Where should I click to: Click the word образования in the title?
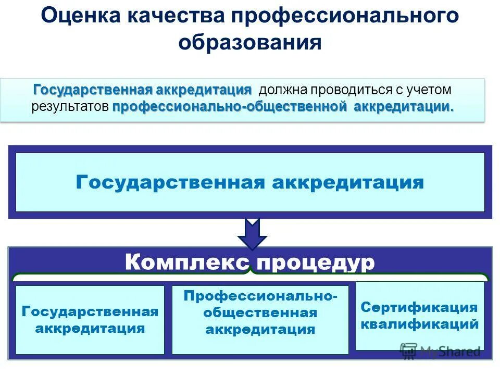point(250,42)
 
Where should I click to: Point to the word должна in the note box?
point(282,90)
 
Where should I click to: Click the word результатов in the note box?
point(70,107)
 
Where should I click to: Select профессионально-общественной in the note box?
point(230,107)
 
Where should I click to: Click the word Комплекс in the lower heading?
point(187,262)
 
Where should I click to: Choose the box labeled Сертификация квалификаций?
point(419,316)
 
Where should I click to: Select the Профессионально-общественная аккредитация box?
point(260,320)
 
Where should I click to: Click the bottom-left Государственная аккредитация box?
point(90,320)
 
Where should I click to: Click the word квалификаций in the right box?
point(419,324)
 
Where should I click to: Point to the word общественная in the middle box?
point(260,312)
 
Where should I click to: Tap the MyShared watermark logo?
point(440,351)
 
